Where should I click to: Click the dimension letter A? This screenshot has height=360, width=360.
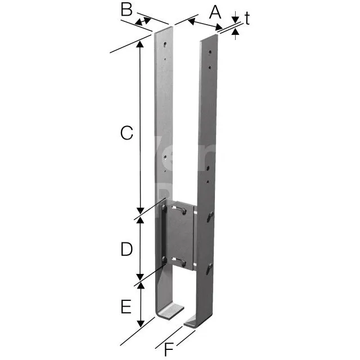215,12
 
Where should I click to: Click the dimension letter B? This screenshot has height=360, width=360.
127,10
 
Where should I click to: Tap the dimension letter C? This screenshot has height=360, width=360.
127,133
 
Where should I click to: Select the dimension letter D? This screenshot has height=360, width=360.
127,249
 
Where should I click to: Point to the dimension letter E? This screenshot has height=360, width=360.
126,307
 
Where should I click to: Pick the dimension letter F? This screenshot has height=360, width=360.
169,349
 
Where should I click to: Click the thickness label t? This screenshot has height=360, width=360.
247,18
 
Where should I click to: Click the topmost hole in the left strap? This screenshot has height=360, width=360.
165,44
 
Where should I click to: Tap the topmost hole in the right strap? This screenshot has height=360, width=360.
210,52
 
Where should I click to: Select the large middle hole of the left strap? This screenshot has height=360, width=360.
165,157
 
